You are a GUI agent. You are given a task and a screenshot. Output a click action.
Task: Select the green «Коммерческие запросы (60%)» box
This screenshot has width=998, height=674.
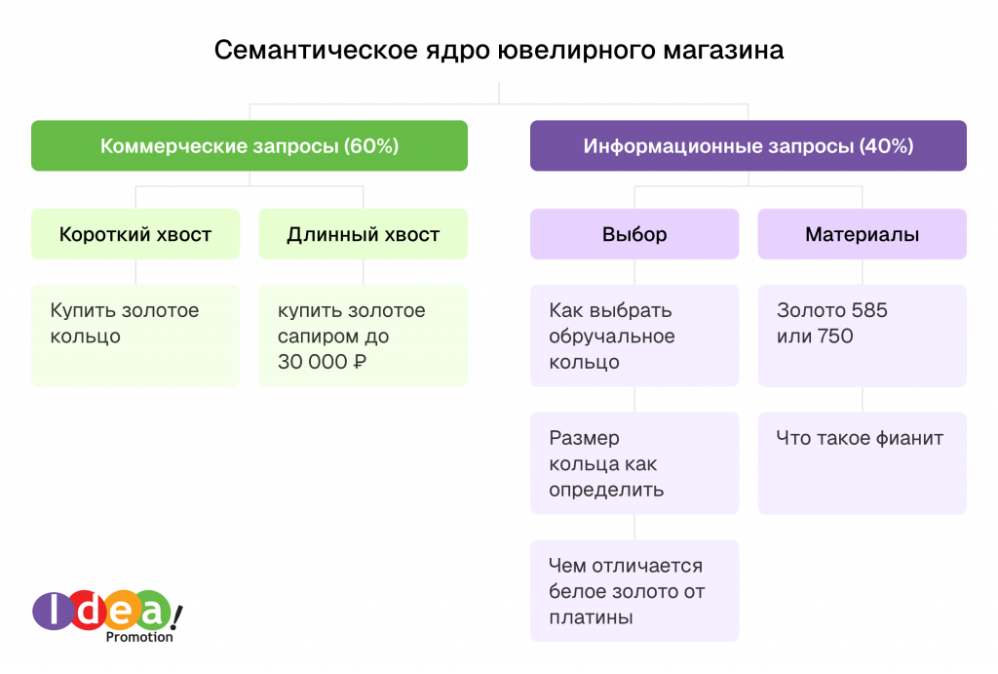[x=249, y=145]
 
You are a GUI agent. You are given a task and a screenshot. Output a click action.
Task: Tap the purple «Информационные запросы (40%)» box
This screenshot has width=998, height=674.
[x=748, y=145]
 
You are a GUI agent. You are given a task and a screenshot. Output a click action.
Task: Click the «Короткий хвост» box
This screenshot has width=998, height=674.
[x=135, y=234]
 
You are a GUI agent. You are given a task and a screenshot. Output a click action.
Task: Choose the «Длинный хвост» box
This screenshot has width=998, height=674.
[x=364, y=234]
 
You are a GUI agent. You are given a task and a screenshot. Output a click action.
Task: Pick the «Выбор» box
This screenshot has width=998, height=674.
[x=634, y=234]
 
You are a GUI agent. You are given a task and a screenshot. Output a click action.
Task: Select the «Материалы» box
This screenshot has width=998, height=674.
[x=863, y=234]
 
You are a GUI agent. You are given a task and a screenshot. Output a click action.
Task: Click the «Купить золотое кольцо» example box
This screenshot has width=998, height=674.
[x=135, y=336]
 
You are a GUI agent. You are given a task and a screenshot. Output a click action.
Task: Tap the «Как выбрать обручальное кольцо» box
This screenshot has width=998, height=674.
[x=634, y=336]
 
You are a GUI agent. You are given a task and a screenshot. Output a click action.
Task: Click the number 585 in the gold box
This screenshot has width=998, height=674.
[x=868, y=310]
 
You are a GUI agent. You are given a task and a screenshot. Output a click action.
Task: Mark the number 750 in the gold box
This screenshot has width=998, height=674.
[x=834, y=336]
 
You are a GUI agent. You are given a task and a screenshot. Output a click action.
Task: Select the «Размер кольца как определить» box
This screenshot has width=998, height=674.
[x=634, y=463]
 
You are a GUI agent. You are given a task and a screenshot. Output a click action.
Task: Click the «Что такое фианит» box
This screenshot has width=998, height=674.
[x=863, y=463]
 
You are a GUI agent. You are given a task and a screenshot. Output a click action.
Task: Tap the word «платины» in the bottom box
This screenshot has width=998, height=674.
[x=591, y=617]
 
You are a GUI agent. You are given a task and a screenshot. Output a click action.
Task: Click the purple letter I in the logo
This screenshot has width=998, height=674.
[x=54, y=610]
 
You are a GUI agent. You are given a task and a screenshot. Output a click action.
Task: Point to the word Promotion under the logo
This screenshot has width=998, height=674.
[x=139, y=636]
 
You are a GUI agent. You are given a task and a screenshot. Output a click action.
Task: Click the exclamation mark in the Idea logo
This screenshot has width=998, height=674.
[x=176, y=616]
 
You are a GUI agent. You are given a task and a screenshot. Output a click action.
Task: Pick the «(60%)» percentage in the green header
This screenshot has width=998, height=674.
[x=371, y=146]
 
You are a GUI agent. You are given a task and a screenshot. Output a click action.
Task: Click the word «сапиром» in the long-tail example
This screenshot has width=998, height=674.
[x=315, y=337]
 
